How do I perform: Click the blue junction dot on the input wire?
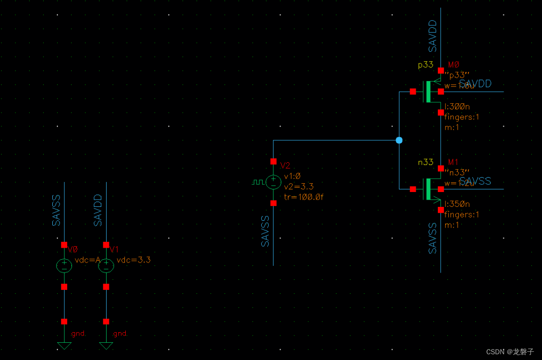pyautogui.click(x=399, y=140)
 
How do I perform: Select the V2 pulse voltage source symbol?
pyautogui.click(x=273, y=182)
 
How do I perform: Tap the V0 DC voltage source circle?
pyautogui.click(x=64, y=265)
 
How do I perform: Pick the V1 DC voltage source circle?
pyautogui.click(x=106, y=265)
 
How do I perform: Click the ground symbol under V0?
pyautogui.click(x=64, y=345)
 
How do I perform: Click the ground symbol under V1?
pyautogui.click(x=106, y=345)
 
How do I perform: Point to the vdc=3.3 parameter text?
pyautogui.click(x=134, y=260)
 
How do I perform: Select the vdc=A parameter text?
pyautogui.click(x=88, y=260)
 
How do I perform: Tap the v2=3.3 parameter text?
pyautogui.click(x=299, y=186)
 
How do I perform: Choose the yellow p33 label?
pyautogui.click(x=425, y=65)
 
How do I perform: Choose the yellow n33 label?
pyautogui.click(x=425, y=162)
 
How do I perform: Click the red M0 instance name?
pyautogui.click(x=454, y=65)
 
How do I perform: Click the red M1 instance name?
pyautogui.click(x=454, y=162)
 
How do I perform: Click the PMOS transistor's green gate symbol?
pyautogui.click(x=428, y=92)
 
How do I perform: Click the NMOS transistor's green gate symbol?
pyautogui.click(x=428, y=189)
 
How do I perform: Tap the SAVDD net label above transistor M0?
pyautogui.click(x=433, y=36)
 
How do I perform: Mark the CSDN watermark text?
pyautogui.click(x=510, y=352)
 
